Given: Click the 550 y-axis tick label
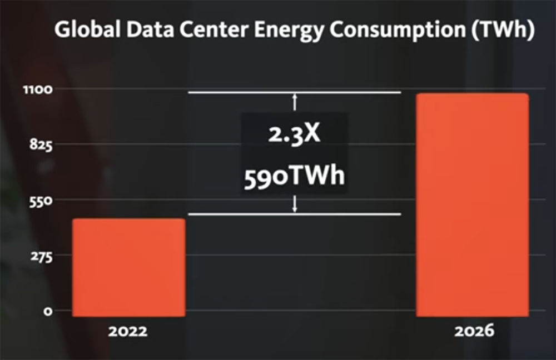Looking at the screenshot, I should (x=41, y=200).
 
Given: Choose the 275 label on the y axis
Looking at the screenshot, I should (x=41, y=256).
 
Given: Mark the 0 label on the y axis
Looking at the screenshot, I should (x=48, y=311).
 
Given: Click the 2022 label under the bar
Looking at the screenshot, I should (x=128, y=332).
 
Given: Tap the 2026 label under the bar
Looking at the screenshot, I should (x=474, y=332).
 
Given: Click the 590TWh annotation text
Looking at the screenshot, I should (x=295, y=177).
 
